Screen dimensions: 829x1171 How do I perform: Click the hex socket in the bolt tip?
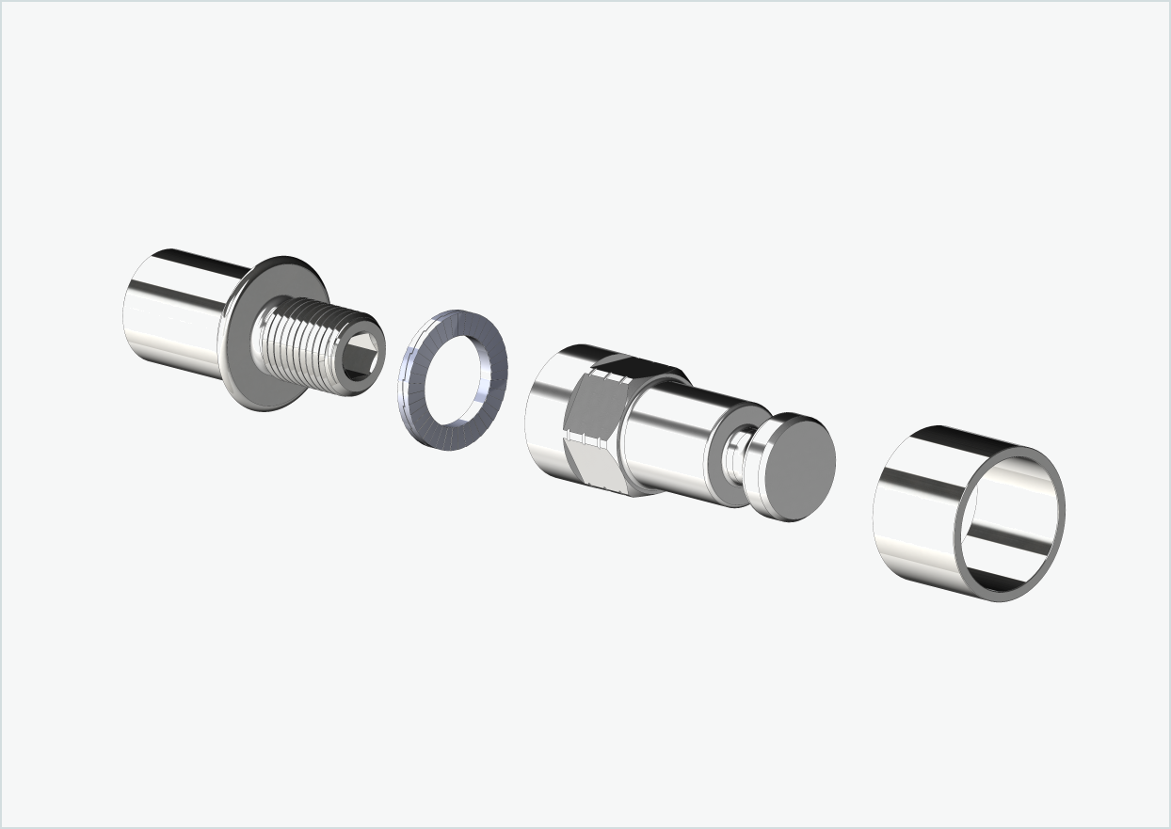coord(363,359)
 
